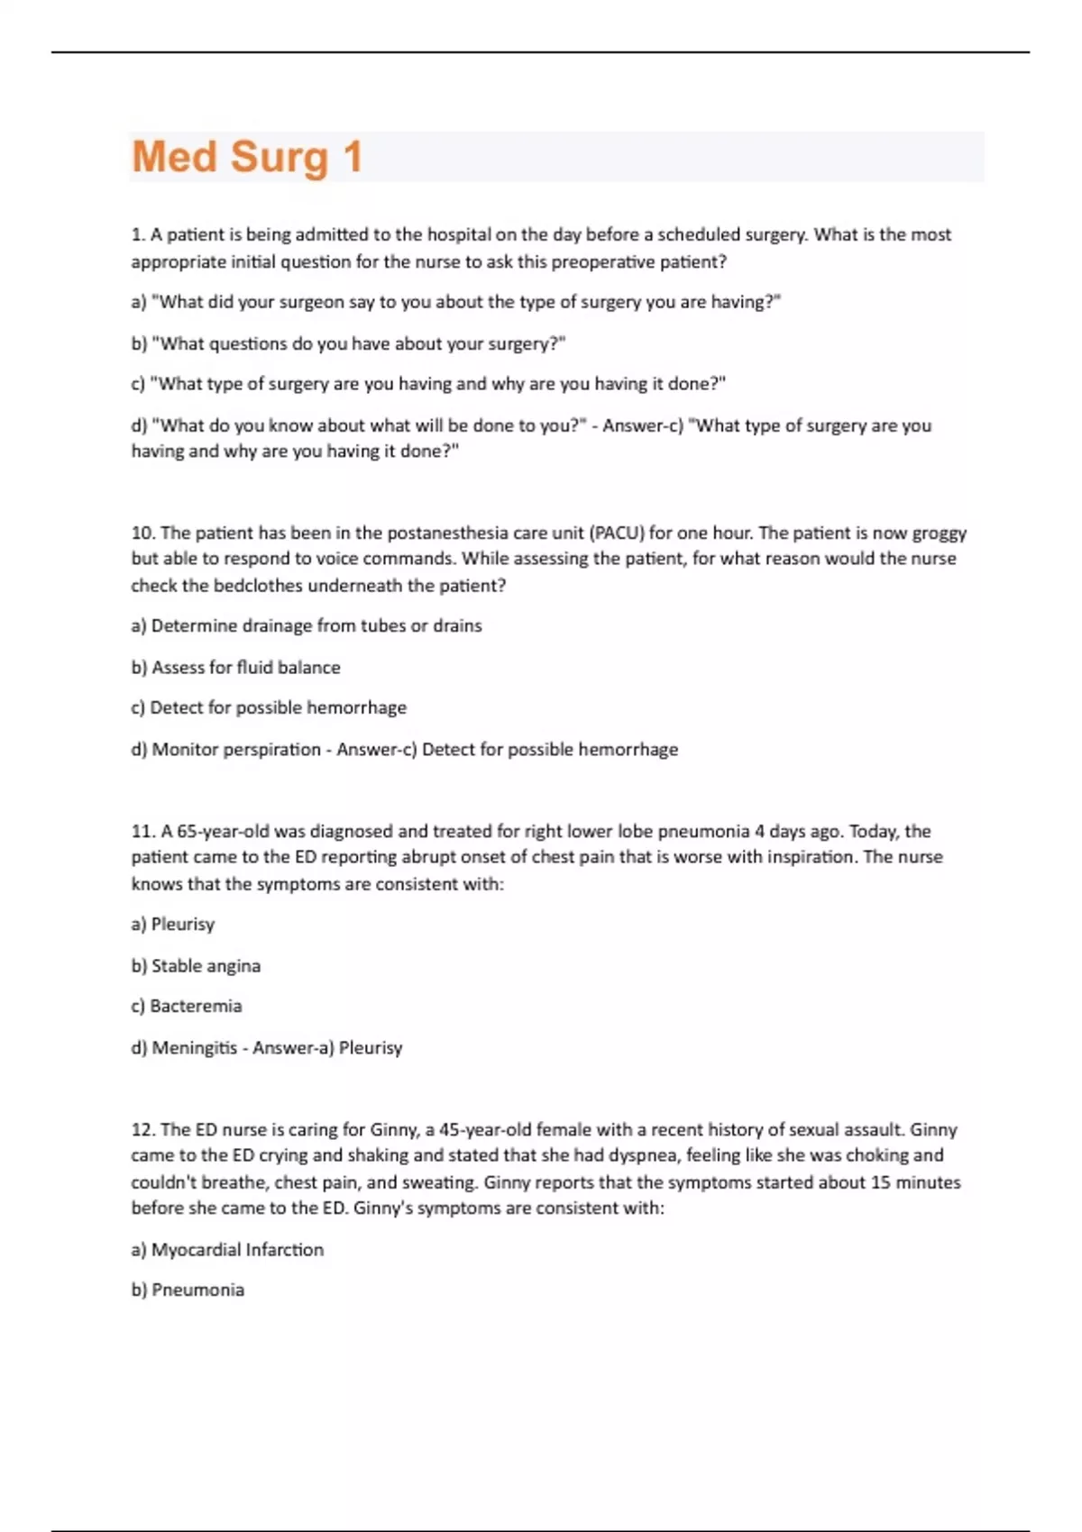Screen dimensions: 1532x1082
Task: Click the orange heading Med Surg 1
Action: click(247, 157)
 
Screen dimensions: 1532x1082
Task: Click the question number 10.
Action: click(142, 533)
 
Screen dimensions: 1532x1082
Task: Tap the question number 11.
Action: click(142, 831)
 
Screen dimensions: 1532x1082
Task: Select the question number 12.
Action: click(142, 1129)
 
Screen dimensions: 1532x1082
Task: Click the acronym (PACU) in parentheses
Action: click(617, 533)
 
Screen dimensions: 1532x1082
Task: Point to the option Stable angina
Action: click(206, 965)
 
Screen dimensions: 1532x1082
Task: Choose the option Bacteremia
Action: click(196, 1006)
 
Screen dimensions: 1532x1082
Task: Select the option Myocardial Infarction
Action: click(237, 1249)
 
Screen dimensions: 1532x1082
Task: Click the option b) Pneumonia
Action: click(188, 1290)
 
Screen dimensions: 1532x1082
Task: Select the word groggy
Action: click(939, 533)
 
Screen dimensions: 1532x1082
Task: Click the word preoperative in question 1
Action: click(602, 262)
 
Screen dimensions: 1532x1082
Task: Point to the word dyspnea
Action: click(647, 1155)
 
